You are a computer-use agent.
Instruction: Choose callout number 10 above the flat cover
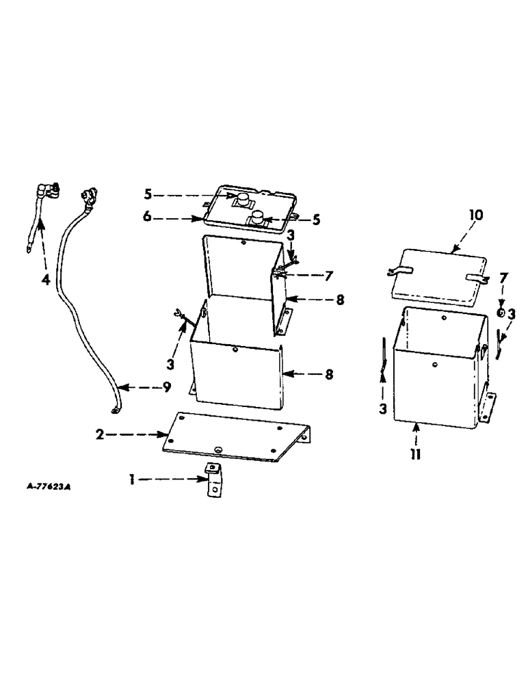click(x=476, y=215)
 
